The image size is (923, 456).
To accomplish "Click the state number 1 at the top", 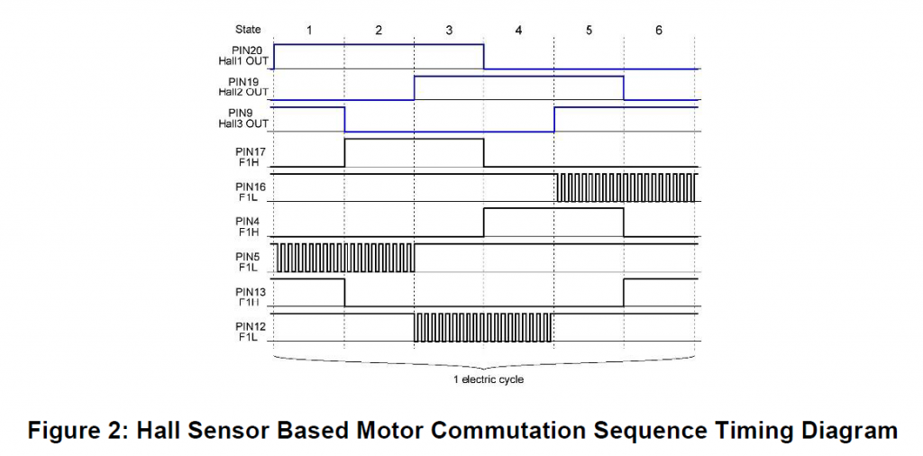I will coord(308,30).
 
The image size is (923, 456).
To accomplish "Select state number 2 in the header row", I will coord(379,30).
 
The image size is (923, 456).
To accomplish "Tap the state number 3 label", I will coord(449,30).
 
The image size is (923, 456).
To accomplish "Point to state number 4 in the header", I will coord(518,30).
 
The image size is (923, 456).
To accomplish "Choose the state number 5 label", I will coord(589,30).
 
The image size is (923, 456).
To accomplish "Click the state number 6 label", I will coord(659,30).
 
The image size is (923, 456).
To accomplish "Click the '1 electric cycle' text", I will coord(488,379).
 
